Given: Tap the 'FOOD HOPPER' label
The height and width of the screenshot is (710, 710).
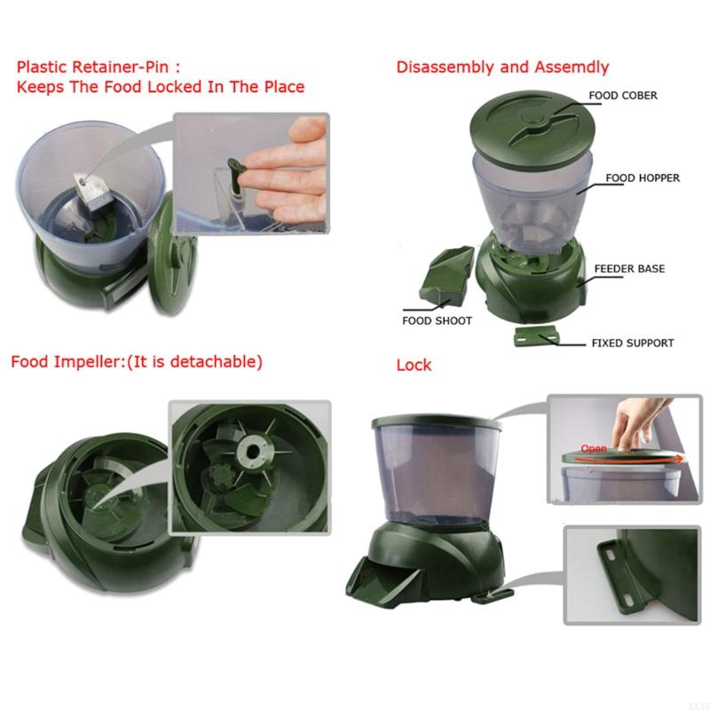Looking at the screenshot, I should click(x=643, y=177).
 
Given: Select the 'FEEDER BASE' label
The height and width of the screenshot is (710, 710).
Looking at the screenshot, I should click(x=629, y=268).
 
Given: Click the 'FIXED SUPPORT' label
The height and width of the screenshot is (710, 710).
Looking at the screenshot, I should click(x=633, y=343).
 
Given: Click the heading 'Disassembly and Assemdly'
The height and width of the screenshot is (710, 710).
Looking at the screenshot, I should click(x=502, y=67).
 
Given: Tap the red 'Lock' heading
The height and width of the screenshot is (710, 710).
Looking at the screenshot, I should click(x=414, y=365).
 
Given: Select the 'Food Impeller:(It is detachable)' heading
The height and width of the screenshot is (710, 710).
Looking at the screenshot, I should click(x=137, y=362).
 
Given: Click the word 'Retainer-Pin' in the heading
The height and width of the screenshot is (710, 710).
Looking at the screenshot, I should click(x=119, y=67).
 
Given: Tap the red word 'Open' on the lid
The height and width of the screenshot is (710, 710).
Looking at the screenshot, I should click(x=594, y=449).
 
